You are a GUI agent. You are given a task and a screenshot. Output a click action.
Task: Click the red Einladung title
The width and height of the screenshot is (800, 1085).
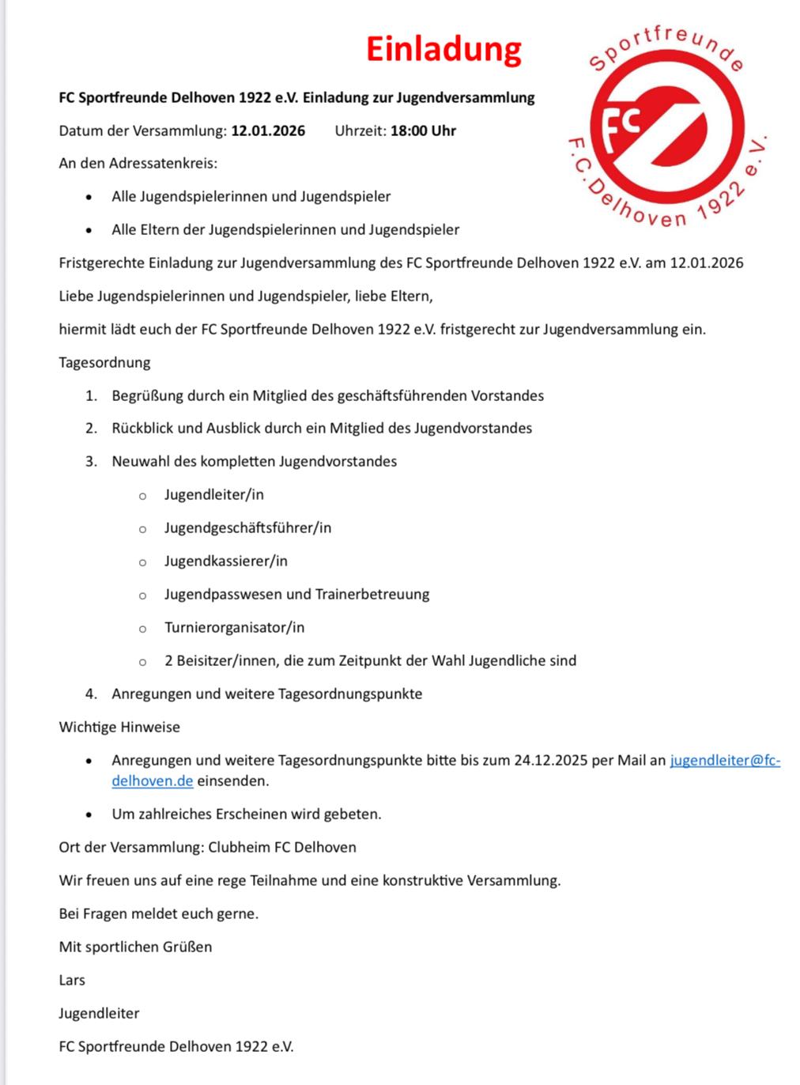[x=443, y=49]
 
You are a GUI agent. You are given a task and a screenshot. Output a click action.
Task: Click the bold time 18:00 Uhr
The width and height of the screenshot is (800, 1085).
[x=423, y=130]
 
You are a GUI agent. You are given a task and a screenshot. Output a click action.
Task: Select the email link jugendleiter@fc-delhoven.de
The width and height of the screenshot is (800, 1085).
[x=724, y=761]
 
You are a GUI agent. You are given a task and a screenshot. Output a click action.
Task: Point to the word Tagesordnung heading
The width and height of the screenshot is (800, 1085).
[x=104, y=363]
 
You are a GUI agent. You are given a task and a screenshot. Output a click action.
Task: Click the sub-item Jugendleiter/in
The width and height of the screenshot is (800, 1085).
[x=213, y=495]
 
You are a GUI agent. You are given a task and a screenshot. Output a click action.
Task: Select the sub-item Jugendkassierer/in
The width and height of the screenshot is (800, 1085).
[x=225, y=561]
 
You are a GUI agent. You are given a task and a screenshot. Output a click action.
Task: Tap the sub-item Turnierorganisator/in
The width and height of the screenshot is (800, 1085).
[x=234, y=628]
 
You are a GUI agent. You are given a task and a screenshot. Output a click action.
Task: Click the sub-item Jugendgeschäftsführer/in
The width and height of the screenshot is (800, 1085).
[x=247, y=528]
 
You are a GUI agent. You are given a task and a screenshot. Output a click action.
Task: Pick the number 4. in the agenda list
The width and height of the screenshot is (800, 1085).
[x=92, y=694]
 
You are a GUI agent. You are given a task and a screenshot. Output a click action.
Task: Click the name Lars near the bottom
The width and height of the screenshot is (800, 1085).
[x=72, y=981]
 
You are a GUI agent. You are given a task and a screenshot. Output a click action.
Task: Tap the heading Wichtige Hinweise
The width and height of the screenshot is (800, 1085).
[x=119, y=728]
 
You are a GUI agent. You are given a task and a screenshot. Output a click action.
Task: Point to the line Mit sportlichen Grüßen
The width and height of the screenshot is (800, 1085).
[x=135, y=947]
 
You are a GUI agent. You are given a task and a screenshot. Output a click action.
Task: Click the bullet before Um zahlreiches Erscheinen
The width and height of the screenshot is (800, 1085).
[x=91, y=815]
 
